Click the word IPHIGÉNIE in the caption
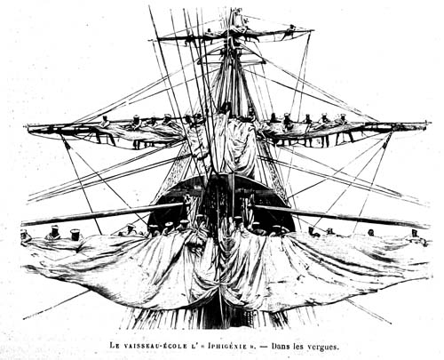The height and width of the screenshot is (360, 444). point(227,346)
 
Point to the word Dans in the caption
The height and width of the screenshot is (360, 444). point(281,346)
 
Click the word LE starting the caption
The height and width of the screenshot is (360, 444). point(115,346)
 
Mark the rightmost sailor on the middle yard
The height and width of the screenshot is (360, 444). point(344,127)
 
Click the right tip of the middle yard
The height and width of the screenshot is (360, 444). point(427,123)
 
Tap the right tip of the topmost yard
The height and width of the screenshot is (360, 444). point(313,30)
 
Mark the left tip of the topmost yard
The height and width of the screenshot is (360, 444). point(150,40)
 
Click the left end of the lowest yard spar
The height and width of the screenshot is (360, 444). point(22,223)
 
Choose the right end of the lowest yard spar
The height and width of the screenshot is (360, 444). point(428,226)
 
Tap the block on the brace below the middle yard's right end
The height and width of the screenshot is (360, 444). point(386,144)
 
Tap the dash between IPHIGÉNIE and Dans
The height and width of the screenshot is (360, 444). point(265,346)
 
